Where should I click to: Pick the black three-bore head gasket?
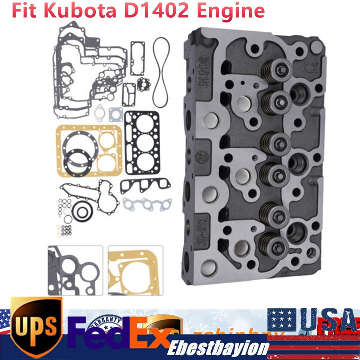pyautogui.click(x=142, y=142)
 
